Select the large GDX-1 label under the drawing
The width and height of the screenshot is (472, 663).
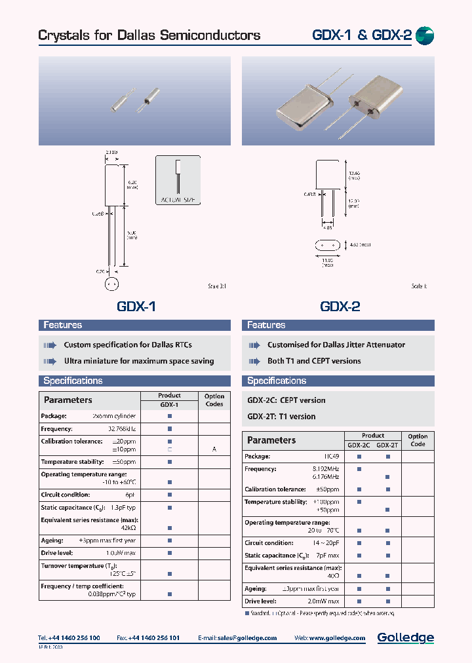click(136, 306)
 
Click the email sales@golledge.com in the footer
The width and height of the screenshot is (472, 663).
click(246, 638)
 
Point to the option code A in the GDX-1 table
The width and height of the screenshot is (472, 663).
click(214, 449)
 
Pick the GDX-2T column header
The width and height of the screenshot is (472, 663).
click(387, 445)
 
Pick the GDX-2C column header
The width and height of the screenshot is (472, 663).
click(359, 445)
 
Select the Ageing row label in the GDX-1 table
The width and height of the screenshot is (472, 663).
click(52, 540)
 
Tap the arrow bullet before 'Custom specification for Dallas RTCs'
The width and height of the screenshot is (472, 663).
click(50, 345)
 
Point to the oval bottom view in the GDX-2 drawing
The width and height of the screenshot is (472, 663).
click(329, 246)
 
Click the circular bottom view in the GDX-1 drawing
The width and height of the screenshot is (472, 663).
click(112, 285)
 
